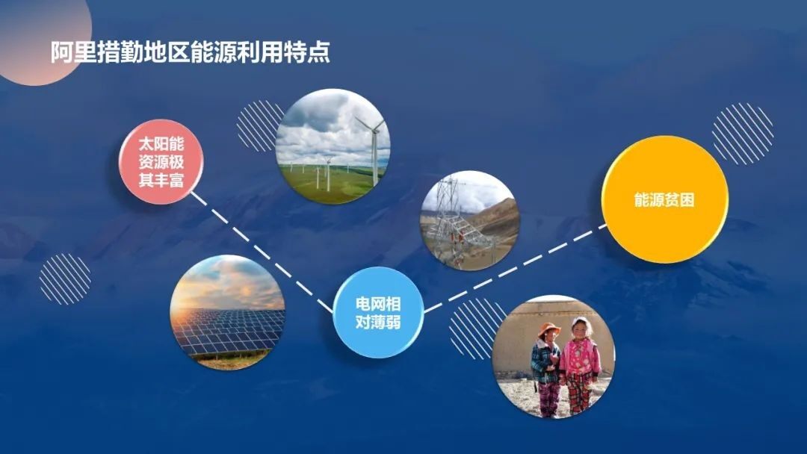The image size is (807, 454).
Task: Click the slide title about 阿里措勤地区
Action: click(x=191, y=52)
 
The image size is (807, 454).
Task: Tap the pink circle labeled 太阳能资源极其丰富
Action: click(x=161, y=162)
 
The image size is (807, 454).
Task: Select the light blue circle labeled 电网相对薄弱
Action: click(x=378, y=313)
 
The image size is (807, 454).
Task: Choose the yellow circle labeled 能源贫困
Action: click(x=664, y=199)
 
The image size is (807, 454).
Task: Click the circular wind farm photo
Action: click(x=333, y=146)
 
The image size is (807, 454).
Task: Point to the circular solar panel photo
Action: click(x=227, y=313)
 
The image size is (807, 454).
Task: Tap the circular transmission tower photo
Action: click(x=469, y=220)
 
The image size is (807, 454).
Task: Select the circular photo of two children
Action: click(x=554, y=356)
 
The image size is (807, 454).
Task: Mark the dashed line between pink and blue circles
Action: click(x=262, y=252)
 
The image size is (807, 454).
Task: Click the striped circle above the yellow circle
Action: click(x=743, y=134)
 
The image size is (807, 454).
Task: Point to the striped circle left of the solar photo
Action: click(x=65, y=279)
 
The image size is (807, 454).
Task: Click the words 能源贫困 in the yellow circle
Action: click(x=664, y=199)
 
